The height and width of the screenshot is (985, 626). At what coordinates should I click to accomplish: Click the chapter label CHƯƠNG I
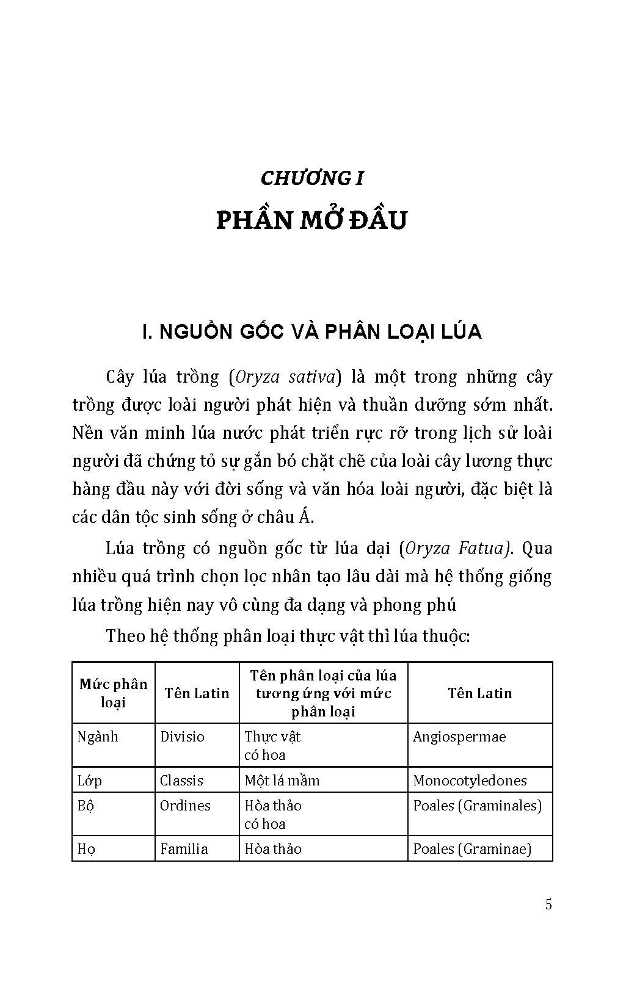click(312, 178)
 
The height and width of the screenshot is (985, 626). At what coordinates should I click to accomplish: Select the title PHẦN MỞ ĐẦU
click(311, 220)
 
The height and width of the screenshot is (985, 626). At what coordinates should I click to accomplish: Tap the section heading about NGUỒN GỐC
click(311, 331)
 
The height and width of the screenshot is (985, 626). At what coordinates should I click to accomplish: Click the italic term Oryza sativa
click(283, 377)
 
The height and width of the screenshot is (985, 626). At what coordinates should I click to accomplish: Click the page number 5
click(548, 904)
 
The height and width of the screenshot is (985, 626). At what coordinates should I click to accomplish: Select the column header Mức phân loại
click(114, 693)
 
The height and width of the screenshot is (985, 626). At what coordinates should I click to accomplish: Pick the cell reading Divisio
click(182, 737)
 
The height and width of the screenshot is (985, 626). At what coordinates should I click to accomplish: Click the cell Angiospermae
click(459, 737)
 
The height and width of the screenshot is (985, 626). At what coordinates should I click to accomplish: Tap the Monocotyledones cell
click(470, 781)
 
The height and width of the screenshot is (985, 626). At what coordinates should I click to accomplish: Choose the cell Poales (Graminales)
click(478, 806)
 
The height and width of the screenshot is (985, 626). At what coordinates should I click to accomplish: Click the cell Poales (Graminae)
click(472, 849)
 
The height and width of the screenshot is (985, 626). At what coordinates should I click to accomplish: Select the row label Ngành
click(98, 737)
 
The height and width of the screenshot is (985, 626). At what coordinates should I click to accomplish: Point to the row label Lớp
click(90, 781)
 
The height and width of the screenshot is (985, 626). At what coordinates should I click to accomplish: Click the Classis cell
click(181, 781)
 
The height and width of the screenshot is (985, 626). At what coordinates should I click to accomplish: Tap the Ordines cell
click(185, 806)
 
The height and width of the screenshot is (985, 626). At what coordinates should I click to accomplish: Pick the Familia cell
click(184, 849)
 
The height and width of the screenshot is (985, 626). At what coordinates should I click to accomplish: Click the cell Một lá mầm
click(282, 781)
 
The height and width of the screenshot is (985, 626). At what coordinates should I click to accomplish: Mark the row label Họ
click(86, 849)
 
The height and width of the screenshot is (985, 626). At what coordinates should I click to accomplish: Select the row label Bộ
click(86, 806)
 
